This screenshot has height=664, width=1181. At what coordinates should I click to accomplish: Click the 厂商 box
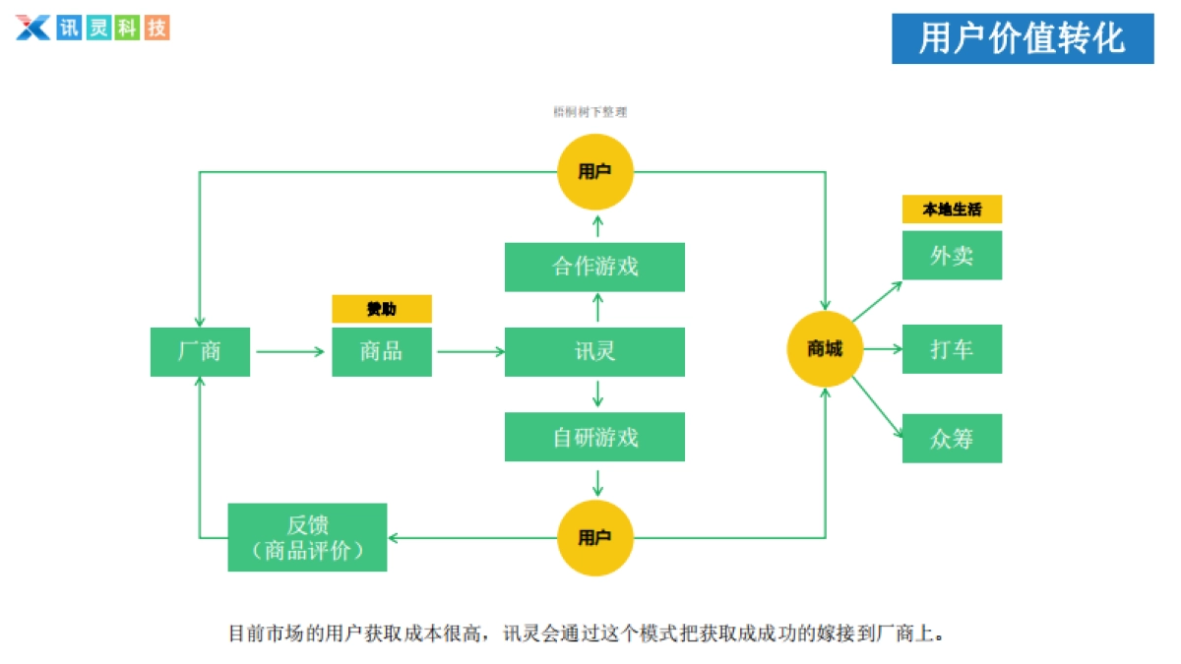coord(200,351)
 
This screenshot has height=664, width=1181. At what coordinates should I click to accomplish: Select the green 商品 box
coord(382,351)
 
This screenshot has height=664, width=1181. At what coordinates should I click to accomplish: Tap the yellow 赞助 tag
coord(382,309)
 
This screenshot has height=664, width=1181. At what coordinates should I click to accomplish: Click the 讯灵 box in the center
coord(594,351)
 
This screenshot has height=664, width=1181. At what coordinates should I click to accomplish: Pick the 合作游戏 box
coord(594,267)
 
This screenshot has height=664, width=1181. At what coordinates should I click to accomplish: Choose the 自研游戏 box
coord(594,437)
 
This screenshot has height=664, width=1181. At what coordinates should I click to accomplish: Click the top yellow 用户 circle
coord(594,172)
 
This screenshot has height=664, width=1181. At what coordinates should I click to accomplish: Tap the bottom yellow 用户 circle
coord(594,537)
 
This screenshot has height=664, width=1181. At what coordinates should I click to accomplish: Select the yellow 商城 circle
coord(825,349)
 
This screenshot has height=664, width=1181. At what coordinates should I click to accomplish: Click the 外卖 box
coord(952,255)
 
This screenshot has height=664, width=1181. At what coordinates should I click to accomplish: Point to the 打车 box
coord(952,349)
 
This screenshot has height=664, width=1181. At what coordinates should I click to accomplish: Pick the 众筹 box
coord(952,438)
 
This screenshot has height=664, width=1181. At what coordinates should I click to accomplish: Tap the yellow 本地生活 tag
coord(952,209)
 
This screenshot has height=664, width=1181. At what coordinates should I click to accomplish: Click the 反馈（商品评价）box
coord(307,537)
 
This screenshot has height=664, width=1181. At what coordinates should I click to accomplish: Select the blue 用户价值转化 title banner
coord(1023,38)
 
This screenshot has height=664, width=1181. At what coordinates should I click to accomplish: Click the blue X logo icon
coord(32,28)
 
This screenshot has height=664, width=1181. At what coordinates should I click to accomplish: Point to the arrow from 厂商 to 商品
coord(290,351)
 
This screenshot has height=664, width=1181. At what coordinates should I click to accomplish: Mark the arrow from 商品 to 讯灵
coord(469,351)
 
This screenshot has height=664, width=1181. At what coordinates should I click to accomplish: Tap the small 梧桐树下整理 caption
coord(590,112)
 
